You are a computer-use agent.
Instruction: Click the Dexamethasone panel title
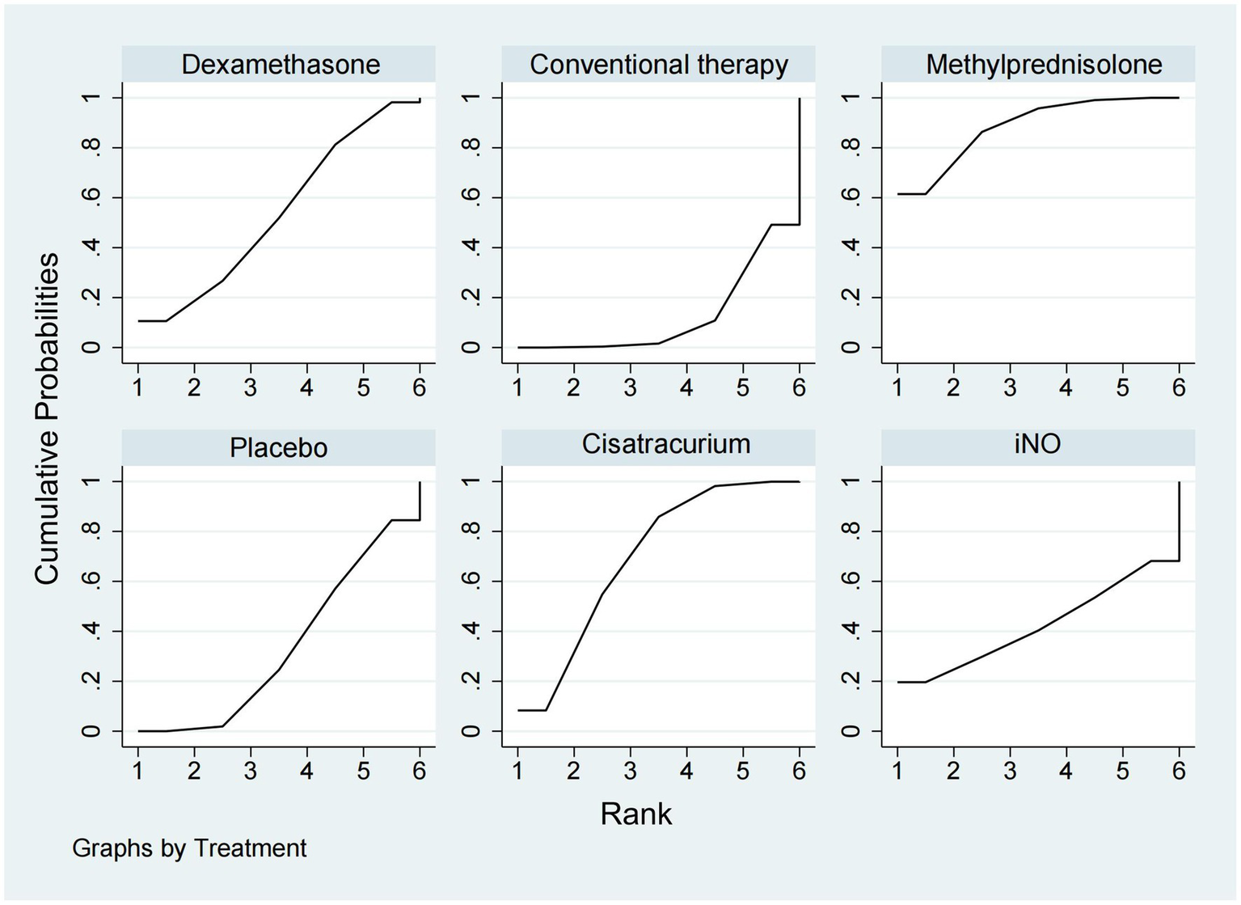pos(280,65)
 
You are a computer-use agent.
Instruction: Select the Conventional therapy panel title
pos(658,65)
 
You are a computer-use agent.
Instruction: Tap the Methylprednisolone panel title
pos(1043,65)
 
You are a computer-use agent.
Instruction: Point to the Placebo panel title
pos(278,447)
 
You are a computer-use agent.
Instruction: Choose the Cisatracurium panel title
pos(665,444)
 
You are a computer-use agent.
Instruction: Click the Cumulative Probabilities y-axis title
pos(47,417)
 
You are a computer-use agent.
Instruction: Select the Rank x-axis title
pos(635,814)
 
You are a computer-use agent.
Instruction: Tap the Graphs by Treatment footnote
pos(189,848)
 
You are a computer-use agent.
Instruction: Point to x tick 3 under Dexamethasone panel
pos(251,388)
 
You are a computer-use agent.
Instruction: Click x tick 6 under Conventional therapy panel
pos(799,388)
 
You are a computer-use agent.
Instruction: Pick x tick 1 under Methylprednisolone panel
pos(897,388)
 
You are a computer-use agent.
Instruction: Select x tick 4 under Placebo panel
pos(306,771)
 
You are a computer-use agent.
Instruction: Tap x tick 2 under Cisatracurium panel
pos(574,771)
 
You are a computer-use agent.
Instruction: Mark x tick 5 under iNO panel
pos(1122,771)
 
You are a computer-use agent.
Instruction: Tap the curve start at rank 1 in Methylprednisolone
pos(899,194)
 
